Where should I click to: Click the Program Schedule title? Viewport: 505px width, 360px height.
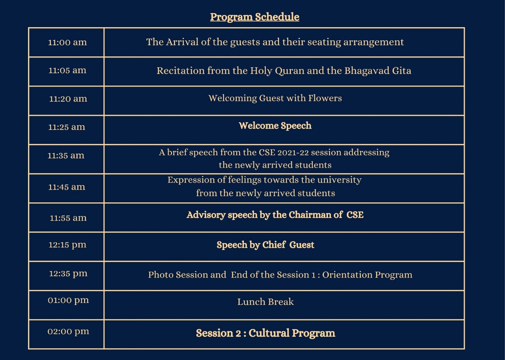coord(254,17)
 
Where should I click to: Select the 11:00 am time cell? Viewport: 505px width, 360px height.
coord(67,42)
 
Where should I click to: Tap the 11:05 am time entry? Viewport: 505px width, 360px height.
coord(67,70)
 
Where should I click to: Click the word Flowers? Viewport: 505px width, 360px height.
coord(325,98)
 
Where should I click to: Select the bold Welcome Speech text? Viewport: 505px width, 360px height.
coord(275,126)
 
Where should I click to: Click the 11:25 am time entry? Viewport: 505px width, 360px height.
coord(67,127)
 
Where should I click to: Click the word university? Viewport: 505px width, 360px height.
coord(339,180)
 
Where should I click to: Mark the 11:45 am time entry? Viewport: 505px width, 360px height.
coord(67,187)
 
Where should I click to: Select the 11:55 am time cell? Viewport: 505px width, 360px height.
coord(68,218)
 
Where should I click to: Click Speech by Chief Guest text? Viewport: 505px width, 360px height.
coord(266,245)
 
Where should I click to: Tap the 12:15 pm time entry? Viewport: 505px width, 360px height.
coord(67,245)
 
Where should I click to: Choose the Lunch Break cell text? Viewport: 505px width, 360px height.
coord(266,302)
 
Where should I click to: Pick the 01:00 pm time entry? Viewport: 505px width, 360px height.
coord(68,300)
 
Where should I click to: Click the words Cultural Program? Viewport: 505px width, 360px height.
coord(292,333)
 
